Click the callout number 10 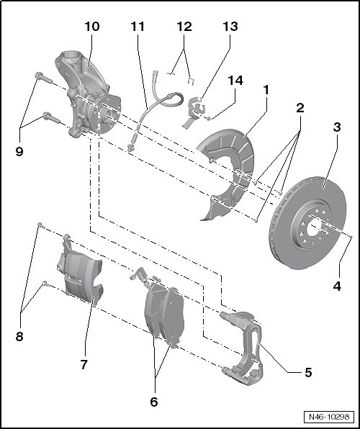pyautogui.click(x=92, y=27)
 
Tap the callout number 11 pyautogui.click(x=138, y=27)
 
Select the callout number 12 pyautogui.click(x=184, y=27)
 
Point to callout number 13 pyautogui.click(x=230, y=27)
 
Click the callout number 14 pyautogui.click(x=235, y=81)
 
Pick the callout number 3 pyautogui.click(x=337, y=127)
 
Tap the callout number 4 pyautogui.click(x=337, y=286)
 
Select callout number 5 pyautogui.click(x=308, y=372)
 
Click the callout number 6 pyautogui.click(x=154, y=402)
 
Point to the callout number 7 pyautogui.click(x=84, y=364)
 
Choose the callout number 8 pyautogui.click(x=19, y=336)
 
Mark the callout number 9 pyautogui.click(x=19, y=151)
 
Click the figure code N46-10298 pyautogui.click(x=329, y=417)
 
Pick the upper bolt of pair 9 pyautogui.click(x=43, y=77)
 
